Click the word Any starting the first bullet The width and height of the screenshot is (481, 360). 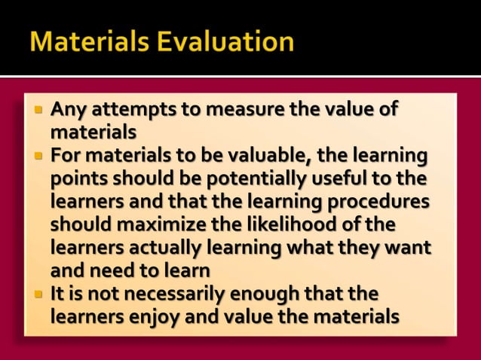[x=63, y=111]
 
